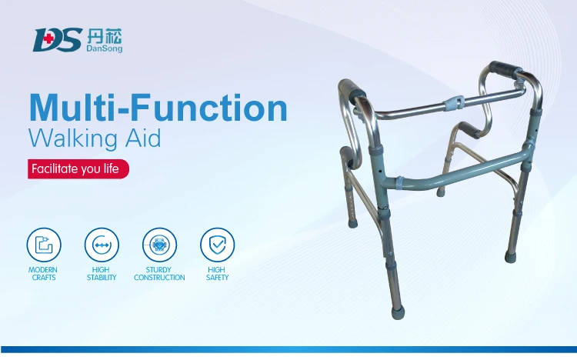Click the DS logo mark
pos(56,39)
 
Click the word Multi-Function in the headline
pos(158,108)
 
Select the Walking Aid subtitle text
pos(95,140)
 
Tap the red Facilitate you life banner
pos(78,169)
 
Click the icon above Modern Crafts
pos(42,244)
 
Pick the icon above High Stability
pos(101,244)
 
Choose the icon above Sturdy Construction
pos(159,244)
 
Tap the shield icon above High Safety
pos(217,244)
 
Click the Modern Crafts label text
pos(42,273)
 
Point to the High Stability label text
pos(101,273)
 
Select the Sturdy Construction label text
pos(159,273)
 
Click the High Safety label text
pos(217,273)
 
